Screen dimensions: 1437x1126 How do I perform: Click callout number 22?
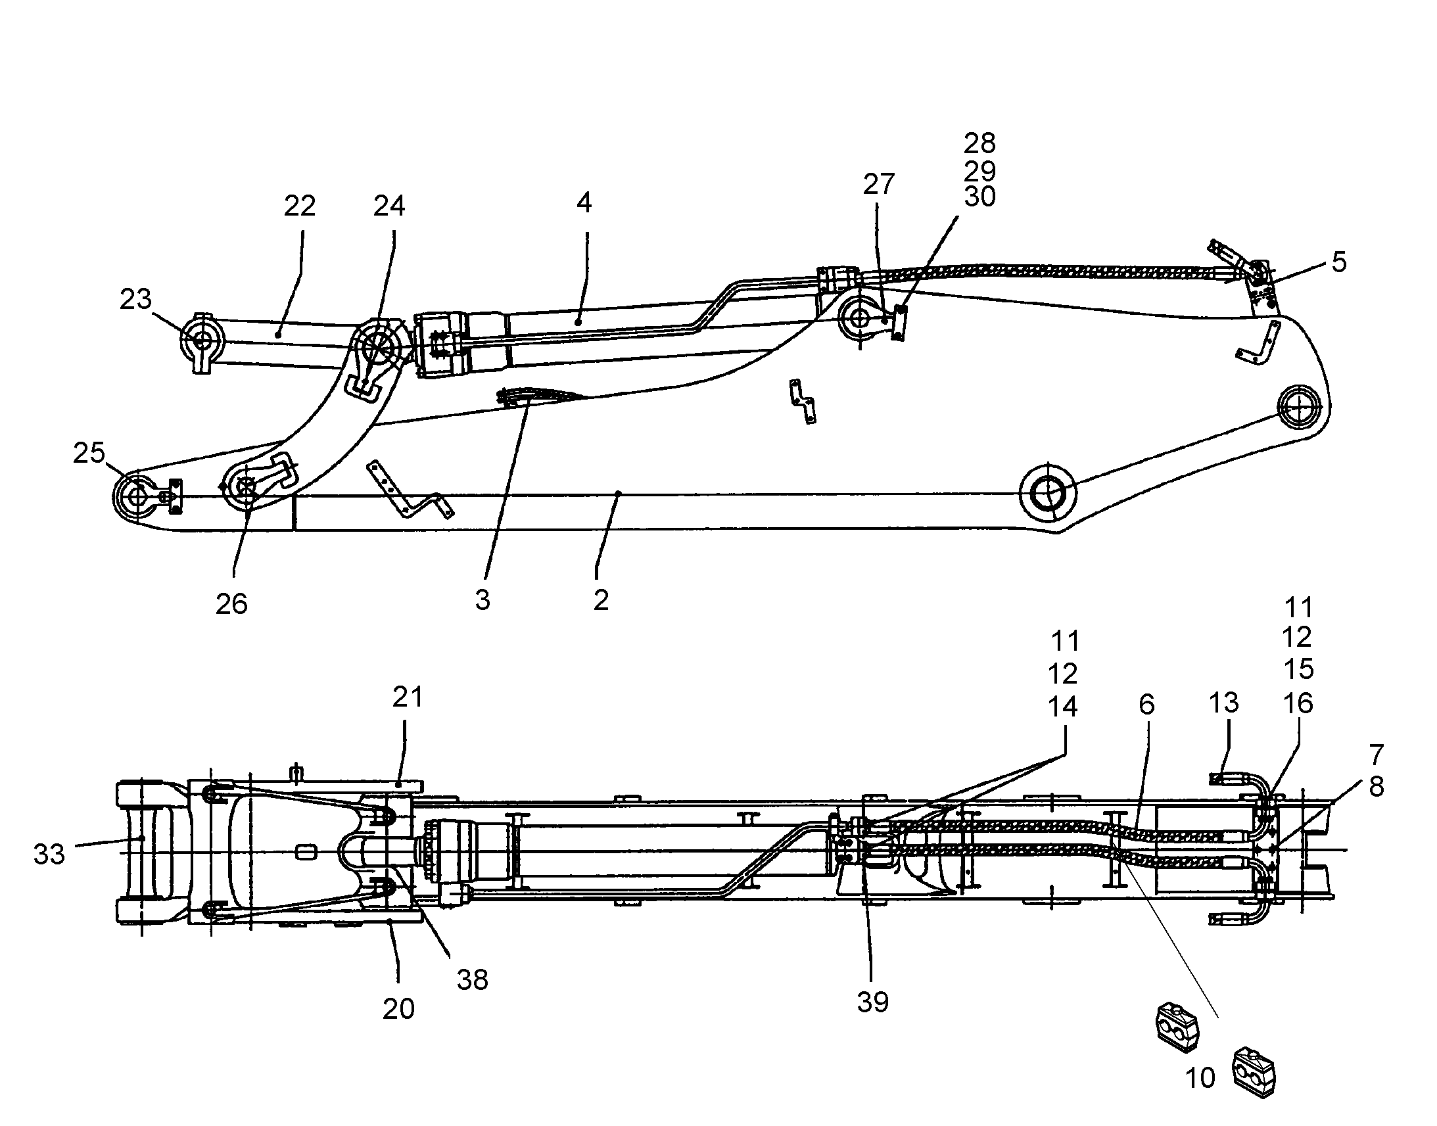click(x=300, y=206)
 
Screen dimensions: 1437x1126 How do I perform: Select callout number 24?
click(x=389, y=206)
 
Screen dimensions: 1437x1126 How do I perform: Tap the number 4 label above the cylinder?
click(x=584, y=202)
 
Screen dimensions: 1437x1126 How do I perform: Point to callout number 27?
click(x=879, y=185)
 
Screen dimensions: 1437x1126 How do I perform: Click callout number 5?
click(x=1339, y=262)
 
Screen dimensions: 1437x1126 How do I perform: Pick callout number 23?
click(x=136, y=299)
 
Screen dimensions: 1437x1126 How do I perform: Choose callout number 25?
click(x=89, y=453)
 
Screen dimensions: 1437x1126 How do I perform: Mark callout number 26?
click(x=231, y=604)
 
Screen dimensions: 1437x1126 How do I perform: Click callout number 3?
click(x=483, y=601)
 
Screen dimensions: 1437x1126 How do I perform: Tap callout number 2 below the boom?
click(x=601, y=601)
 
